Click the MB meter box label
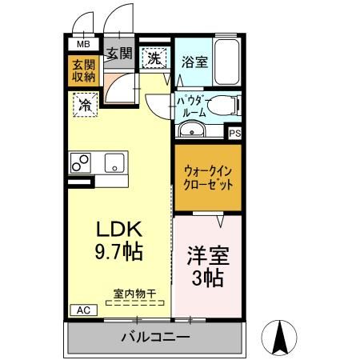[x=82, y=45]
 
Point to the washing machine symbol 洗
[x=154, y=57]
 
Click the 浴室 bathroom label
[x=194, y=62]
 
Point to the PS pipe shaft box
[x=234, y=133]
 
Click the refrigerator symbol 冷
[x=83, y=103]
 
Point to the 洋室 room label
[x=208, y=258]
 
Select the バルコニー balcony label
[x=155, y=337]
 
